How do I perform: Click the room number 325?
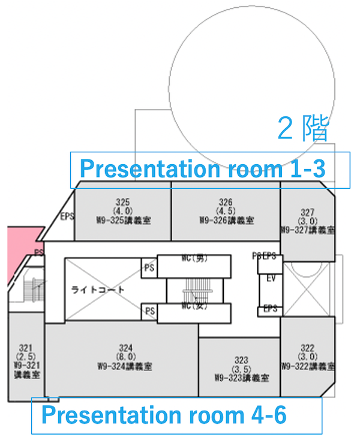(x=122, y=202)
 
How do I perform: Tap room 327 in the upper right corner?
(x=307, y=212)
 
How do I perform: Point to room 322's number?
(x=307, y=348)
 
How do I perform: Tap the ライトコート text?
(x=98, y=290)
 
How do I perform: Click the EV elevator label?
(x=271, y=279)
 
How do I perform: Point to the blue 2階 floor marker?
(x=303, y=129)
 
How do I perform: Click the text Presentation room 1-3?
(x=202, y=169)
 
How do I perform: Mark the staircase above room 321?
(x=33, y=291)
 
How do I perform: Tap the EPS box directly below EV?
(x=271, y=309)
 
